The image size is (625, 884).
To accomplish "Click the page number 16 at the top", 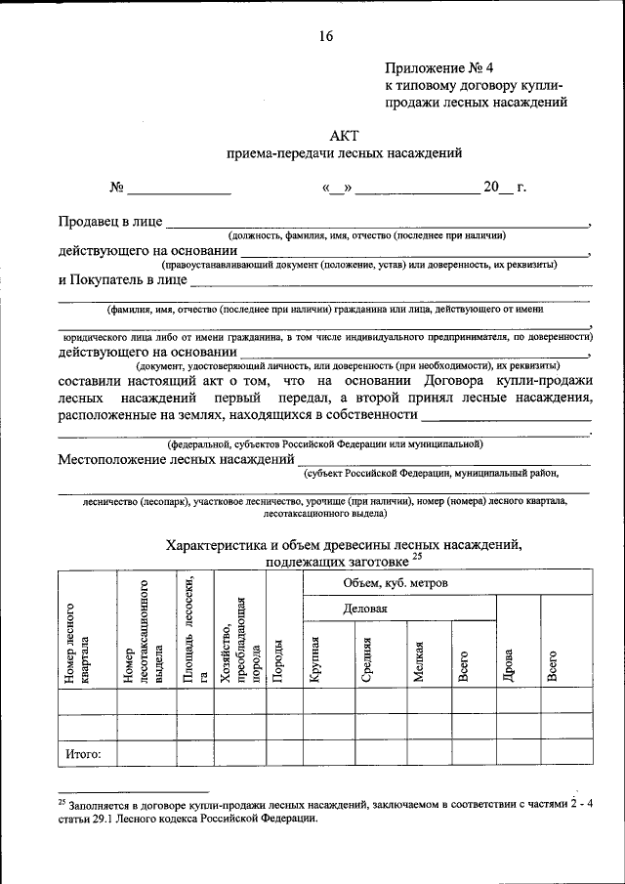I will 325,36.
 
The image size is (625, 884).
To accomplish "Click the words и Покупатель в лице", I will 122,279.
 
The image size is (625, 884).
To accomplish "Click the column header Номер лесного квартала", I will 78,645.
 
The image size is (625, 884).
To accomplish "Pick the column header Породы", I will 279,662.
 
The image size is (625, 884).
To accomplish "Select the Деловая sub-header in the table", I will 365,609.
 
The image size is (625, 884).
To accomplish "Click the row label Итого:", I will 90,753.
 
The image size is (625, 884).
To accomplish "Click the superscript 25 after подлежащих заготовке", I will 416,556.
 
